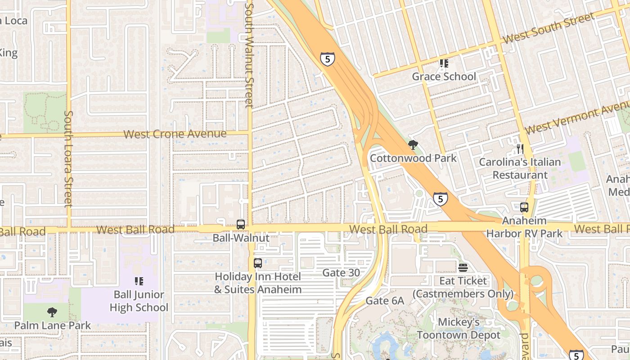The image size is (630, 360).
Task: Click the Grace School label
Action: (444, 76)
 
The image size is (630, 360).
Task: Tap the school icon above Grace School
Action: (444, 63)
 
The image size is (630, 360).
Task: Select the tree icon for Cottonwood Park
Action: (413, 145)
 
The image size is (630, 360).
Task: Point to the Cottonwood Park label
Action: (413, 158)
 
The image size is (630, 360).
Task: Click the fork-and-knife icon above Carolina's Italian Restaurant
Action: (520, 148)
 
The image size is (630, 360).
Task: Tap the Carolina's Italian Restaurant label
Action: (520, 168)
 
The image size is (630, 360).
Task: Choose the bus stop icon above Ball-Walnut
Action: (241, 225)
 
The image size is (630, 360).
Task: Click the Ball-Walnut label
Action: (241, 238)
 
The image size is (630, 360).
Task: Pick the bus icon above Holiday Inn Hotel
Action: (258, 263)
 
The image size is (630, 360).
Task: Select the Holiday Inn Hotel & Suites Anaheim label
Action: (258, 283)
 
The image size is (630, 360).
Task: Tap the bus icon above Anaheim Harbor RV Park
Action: (524, 207)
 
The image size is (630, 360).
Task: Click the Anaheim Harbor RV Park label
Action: (524, 227)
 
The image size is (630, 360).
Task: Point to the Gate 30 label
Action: (341, 273)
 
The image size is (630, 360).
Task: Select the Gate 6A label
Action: (385, 301)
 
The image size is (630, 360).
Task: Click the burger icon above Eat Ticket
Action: (463, 268)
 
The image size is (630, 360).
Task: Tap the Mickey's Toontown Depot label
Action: (459, 329)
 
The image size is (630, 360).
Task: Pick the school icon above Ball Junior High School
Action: (139, 281)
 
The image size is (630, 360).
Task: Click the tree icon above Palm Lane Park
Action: (52, 312)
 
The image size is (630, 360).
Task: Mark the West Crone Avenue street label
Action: (175, 134)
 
